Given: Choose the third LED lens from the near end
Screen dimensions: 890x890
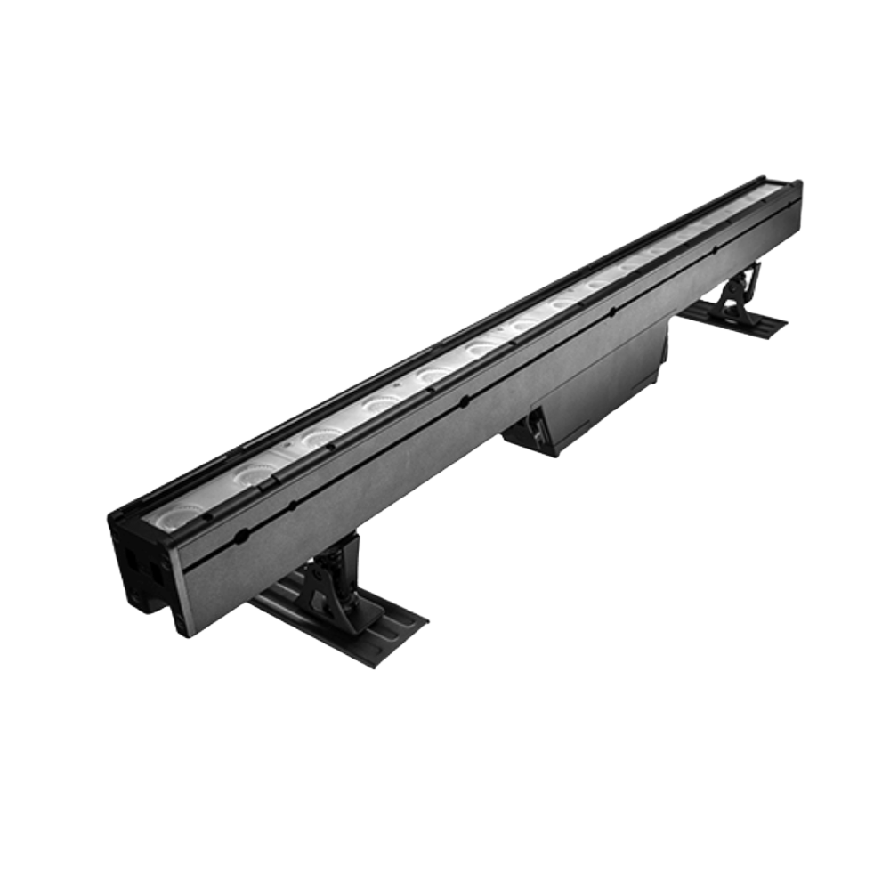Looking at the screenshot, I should (x=318, y=436).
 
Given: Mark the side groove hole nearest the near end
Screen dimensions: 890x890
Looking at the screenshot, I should (x=240, y=537).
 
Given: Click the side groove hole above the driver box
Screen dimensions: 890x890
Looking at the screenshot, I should (x=615, y=312).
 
